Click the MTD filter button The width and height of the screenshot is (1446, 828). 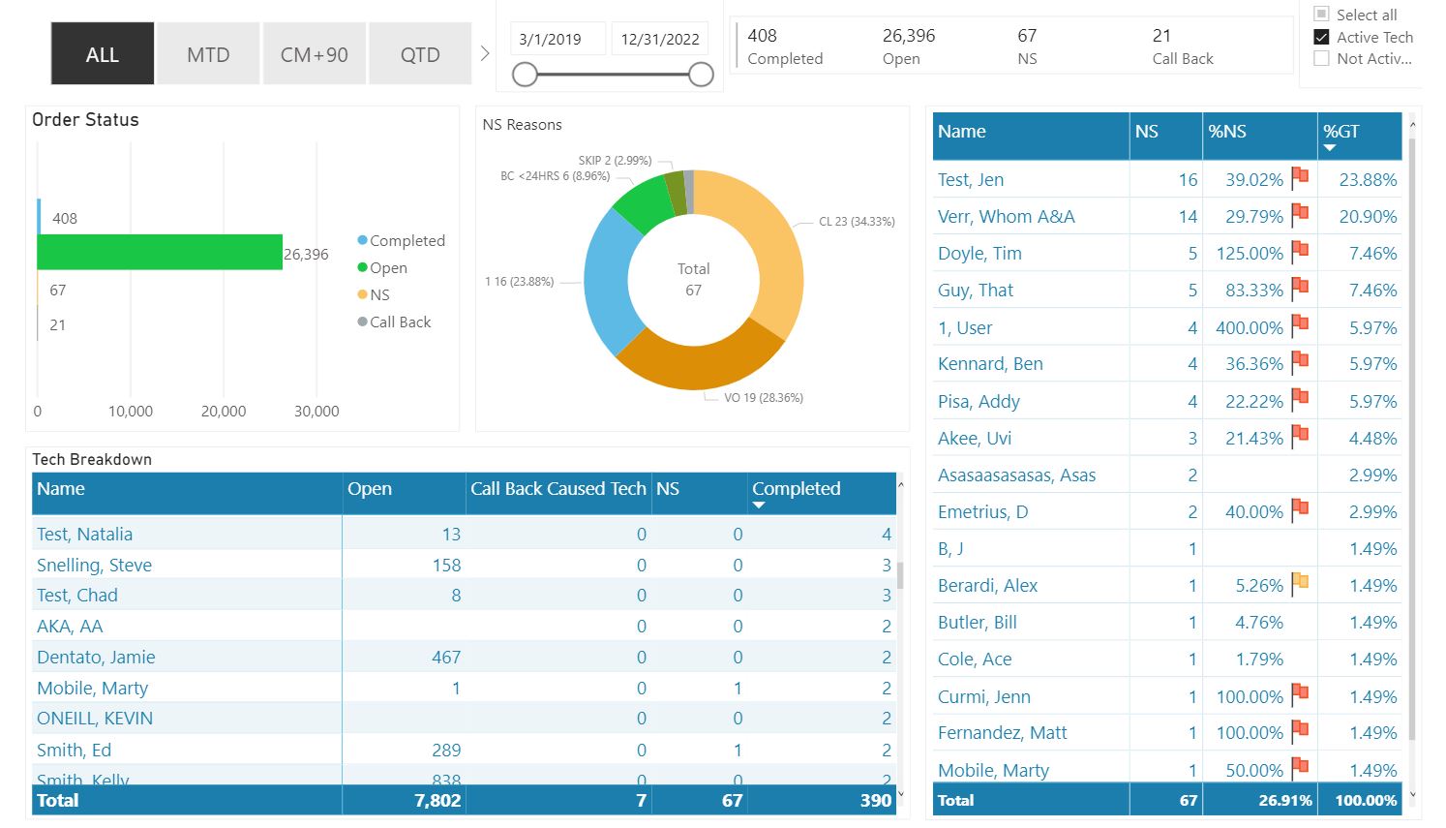tap(208, 54)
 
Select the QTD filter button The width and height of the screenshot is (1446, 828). tap(420, 54)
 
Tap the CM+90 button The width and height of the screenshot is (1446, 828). tap(314, 54)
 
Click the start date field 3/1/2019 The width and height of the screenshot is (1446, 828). tap(551, 40)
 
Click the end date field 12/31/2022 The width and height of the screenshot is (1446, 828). tap(660, 40)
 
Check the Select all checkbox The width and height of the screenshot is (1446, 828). tap(1321, 15)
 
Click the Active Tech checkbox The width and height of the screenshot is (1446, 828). tap(1321, 37)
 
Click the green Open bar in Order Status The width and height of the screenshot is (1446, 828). tap(160, 253)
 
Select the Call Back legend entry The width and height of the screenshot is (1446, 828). tap(400, 322)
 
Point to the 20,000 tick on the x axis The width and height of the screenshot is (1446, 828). tap(224, 412)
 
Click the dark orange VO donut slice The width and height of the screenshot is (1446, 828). tap(697, 364)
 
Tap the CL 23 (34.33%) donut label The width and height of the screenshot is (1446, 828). tap(857, 222)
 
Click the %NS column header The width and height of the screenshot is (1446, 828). tap(1227, 132)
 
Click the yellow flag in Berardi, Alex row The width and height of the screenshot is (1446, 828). tap(1300, 583)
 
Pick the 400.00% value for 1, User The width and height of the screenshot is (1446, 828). tap(1249, 328)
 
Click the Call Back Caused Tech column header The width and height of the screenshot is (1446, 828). tap(557, 489)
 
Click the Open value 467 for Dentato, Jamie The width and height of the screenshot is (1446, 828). tap(446, 658)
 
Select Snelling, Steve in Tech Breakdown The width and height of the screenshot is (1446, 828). tap(94, 566)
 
